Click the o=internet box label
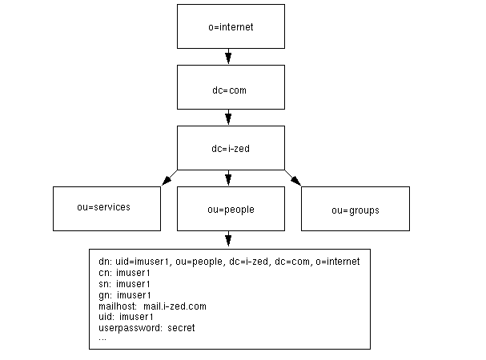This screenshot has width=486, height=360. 230,26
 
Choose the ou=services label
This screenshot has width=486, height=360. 103,206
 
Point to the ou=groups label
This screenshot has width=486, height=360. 355,210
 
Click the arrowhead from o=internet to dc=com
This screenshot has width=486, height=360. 229,58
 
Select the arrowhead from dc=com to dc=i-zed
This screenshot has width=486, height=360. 229,118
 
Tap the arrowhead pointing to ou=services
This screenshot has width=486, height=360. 167,180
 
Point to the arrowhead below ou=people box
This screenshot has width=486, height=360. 229,239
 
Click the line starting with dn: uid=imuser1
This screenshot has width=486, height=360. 228,262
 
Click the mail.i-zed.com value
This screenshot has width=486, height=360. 175,306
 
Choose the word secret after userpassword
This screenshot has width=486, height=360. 181,327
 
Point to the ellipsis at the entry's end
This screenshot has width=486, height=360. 102,338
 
